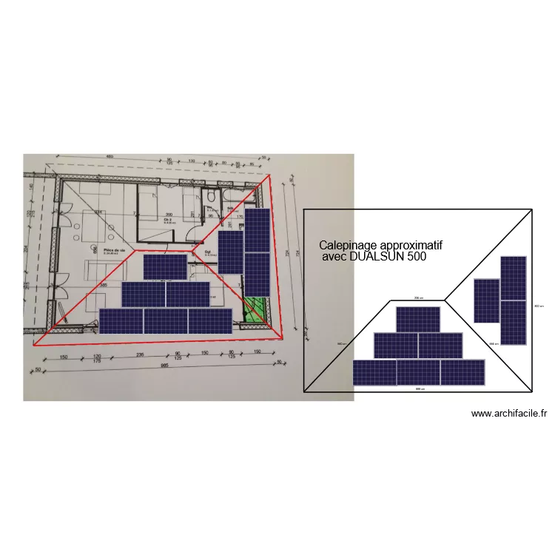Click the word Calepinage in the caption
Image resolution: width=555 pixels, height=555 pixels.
pyautogui.click(x=347, y=246)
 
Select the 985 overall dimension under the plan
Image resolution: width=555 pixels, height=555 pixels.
pyautogui.click(x=166, y=366)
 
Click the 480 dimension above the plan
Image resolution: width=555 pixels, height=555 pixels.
pyautogui.click(x=109, y=157)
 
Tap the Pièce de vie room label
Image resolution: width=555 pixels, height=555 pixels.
pyautogui.click(x=113, y=251)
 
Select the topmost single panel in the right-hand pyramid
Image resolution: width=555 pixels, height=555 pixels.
pyautogui.click(x=418, y=319)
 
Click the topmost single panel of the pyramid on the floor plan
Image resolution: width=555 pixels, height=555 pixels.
pyautogui.click(x=164, y=267)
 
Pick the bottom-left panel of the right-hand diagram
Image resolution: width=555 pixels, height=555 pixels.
pyautogui.click(x=374, y=372)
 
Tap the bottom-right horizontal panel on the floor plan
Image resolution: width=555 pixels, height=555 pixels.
pyautogui.click(x=210, y=321)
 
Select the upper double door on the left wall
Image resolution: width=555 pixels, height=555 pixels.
pyautogui.click(x=65, y=220)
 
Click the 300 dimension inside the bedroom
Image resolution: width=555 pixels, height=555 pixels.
pyautogui.click(x=168, y=214)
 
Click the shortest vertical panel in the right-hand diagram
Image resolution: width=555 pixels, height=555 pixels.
pyautogui.click(x=486, y=300)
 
